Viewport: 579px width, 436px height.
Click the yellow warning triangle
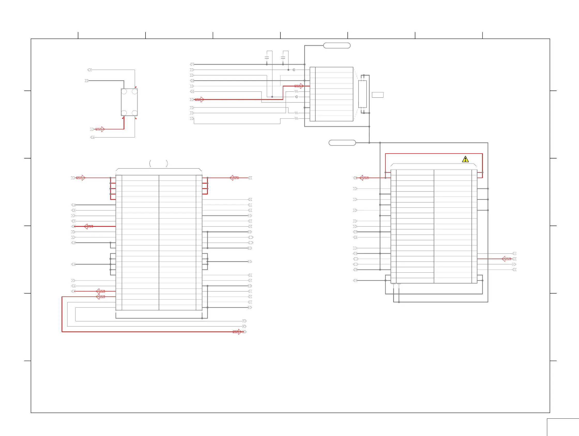[x=465, y=159]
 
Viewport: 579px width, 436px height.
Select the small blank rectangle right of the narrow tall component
[x=377, y=95]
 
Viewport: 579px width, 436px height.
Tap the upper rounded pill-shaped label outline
[x=337, y=46]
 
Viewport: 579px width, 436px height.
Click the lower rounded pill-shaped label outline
[x=342, y=143]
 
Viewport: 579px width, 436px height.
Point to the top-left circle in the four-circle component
[x=124, y=91]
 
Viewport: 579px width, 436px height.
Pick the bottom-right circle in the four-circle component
[x=135, y=113]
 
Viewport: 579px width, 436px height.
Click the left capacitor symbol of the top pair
[x=267, y=57]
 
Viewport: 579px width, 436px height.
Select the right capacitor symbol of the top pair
[x=283, y=57]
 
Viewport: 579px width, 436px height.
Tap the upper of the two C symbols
[x=294, y=70]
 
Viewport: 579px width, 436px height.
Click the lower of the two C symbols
[x=296, y=97]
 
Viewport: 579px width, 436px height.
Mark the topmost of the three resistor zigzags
[x=296, y=91]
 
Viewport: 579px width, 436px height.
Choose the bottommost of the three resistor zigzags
[x=296, y=119]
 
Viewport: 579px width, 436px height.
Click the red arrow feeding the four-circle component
[x=100, y=129]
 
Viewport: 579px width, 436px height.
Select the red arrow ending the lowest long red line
[x=237, y=332]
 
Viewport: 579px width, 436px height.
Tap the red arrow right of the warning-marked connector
[x=506, y=259]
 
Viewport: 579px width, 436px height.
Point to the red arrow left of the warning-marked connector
[x=364, y=178]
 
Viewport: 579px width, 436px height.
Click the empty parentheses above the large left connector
[x=158, y=164]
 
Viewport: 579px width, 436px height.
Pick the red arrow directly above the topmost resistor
[x=299, y=86]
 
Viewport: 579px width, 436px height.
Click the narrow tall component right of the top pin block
[x=362, y=94]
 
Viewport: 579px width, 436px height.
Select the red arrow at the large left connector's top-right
[x=234, y=178]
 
